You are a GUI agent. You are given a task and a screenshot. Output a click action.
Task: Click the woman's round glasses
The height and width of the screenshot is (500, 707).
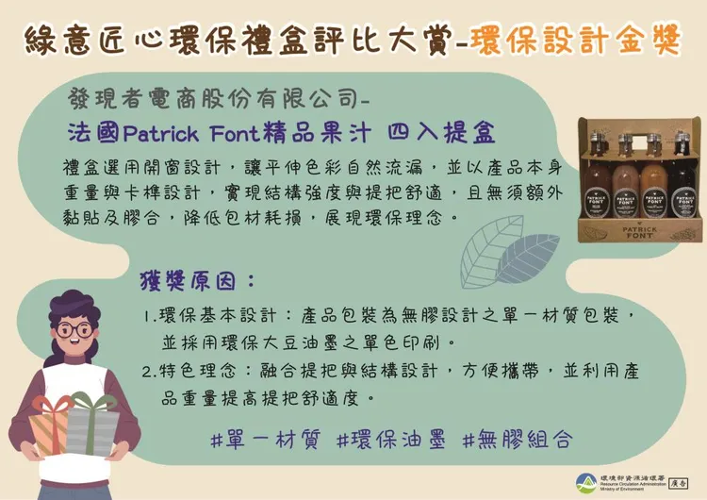74,330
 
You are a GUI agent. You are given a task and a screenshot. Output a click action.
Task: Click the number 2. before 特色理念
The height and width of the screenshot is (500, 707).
149,372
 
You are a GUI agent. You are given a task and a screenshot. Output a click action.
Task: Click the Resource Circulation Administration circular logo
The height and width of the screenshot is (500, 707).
586,481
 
